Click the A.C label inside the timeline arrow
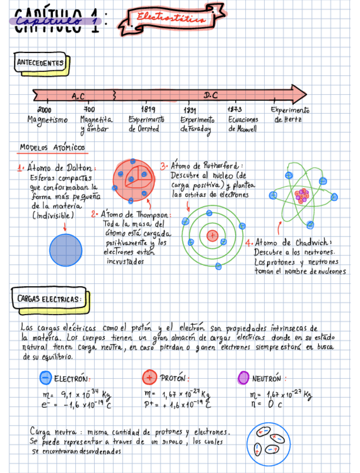pos(79,96)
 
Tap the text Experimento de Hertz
pos(289,114)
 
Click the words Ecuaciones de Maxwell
pos(242,124)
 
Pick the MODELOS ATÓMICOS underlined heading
pos(52,148)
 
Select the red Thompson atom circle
pos(133,181)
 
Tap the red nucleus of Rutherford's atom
pos(212,235)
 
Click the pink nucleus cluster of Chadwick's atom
pos(302,196)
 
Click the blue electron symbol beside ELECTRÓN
pos(46,378)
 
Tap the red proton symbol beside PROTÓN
pos(149,377)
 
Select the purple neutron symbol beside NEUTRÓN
pos(243,378)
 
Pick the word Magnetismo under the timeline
pos(47,119)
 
